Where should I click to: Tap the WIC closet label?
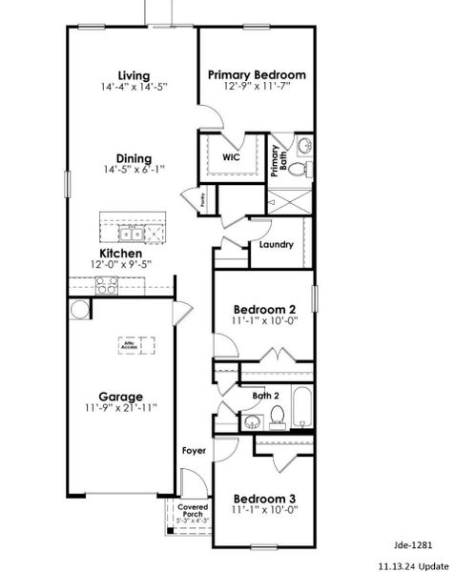231,157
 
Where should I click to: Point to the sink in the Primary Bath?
303,146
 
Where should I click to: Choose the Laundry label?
276,245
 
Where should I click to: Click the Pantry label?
202,200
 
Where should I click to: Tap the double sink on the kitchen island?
132,233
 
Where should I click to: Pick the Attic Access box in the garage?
135,345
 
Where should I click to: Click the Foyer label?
194,450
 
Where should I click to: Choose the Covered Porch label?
193,514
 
